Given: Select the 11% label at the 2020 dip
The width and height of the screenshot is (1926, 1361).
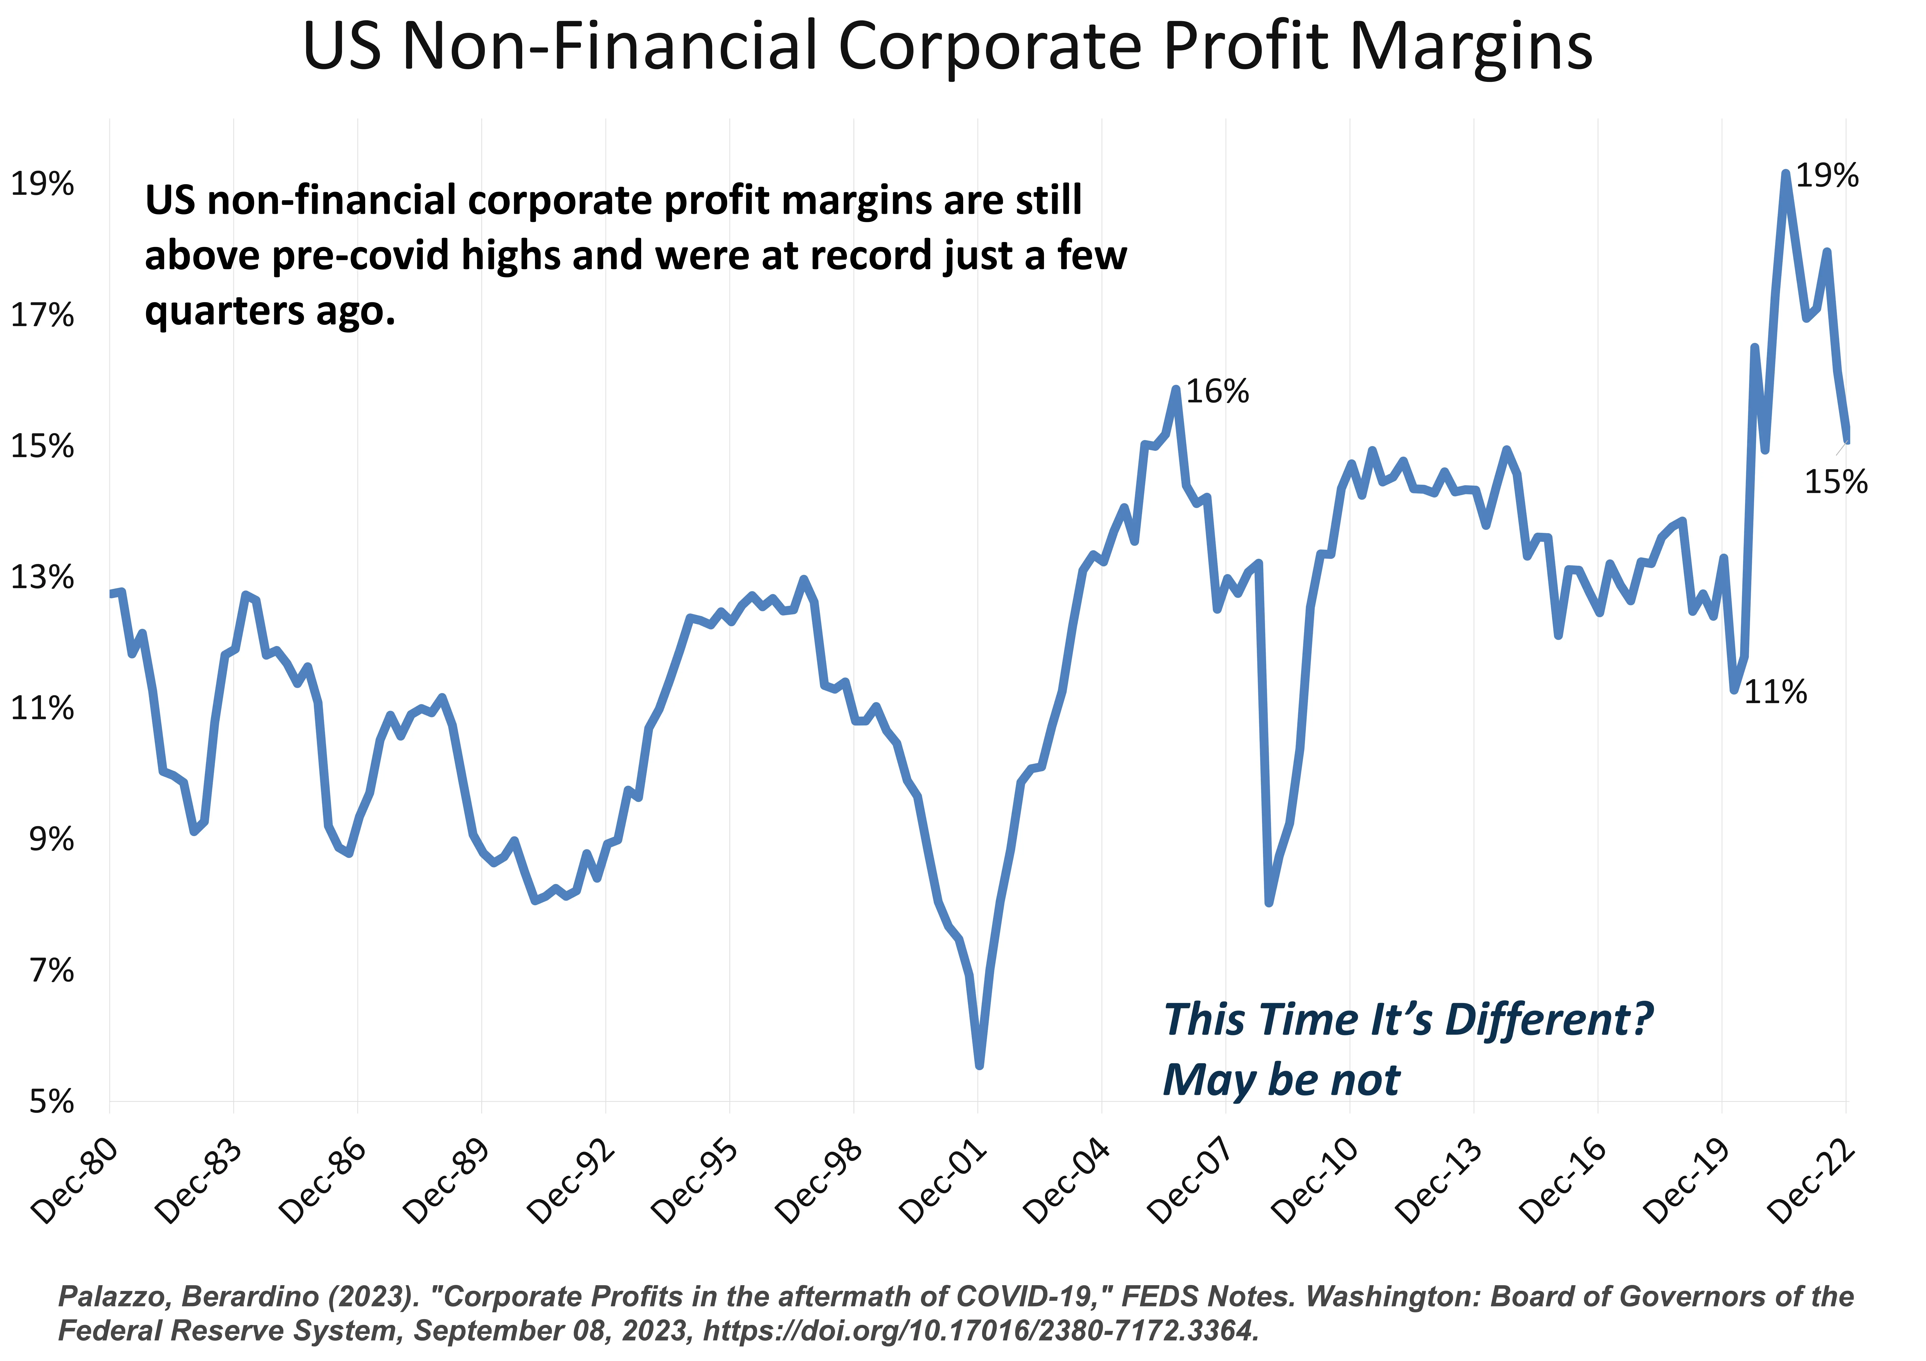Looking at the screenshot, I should tap(1775, 692).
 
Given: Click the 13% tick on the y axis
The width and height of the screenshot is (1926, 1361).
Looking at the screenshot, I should tap(42, 578).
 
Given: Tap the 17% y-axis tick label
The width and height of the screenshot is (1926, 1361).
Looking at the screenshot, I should tap(42, 316).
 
